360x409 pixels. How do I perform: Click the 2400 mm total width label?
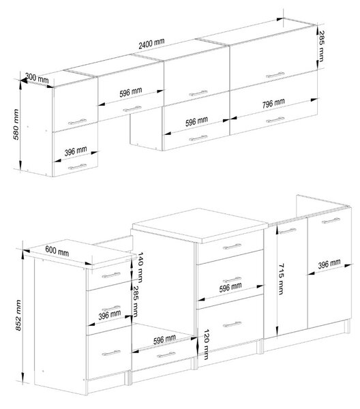pos(151,44)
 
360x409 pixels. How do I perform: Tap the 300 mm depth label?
pos(37,78)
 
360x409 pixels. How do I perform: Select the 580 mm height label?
pos(16,125)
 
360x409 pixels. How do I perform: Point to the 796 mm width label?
pos(273,104)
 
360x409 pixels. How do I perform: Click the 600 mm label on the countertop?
pos(57,251)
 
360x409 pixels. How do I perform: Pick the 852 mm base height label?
pos(18,315)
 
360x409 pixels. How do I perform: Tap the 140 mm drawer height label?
pos(140,267)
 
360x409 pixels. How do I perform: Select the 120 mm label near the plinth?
pos(206,344)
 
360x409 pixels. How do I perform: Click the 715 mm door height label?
pos(281,279)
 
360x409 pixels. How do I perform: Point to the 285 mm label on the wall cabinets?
pos(322,46)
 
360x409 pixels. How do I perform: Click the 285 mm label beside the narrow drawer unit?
pos(136,301)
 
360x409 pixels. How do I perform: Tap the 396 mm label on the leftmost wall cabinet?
pos(76,151)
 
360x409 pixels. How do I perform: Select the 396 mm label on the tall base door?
pos(329,264)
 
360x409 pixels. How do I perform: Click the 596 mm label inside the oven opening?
pos(164,339)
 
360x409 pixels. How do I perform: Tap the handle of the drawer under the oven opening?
pos(166,355)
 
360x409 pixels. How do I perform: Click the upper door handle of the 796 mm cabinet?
pos(275,75)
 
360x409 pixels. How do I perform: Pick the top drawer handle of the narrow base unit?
pos(111,275)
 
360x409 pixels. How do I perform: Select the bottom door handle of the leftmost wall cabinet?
pos(77,167)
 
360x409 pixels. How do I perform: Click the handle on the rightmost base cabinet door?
pos(331,221)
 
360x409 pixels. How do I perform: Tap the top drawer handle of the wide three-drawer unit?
pos(232,247)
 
